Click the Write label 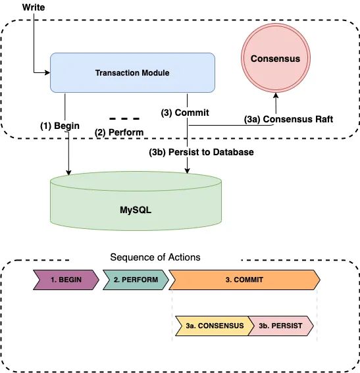[34, 7]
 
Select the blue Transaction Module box [132, 72]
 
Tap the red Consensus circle [276, 58]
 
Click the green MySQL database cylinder [136, 201]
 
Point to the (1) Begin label [60, 126]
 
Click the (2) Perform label [119, 132]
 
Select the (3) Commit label [185, 112]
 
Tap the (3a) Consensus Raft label [288, 119]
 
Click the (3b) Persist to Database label [201, 152]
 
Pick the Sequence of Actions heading [155, 257]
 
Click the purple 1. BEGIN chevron [66, 280]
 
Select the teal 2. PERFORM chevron [136, 280]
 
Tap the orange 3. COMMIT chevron [244, 280]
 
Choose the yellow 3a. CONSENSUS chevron [215, 326]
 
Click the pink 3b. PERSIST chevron [281, 326]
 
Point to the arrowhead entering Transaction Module [48, 72]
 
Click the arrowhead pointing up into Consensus [276, 95]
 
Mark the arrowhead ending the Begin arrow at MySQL [68, 172]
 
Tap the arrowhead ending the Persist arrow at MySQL [188, 171]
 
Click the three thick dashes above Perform [124, 118]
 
